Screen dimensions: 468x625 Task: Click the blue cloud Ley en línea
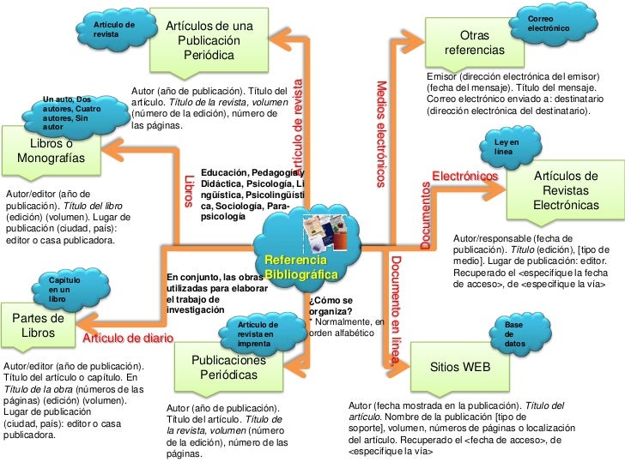pos(508,147)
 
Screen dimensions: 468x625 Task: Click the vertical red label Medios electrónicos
pos(383,133)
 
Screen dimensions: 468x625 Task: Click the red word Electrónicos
pos(464,176)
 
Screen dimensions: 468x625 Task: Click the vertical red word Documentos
pos(426,215)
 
